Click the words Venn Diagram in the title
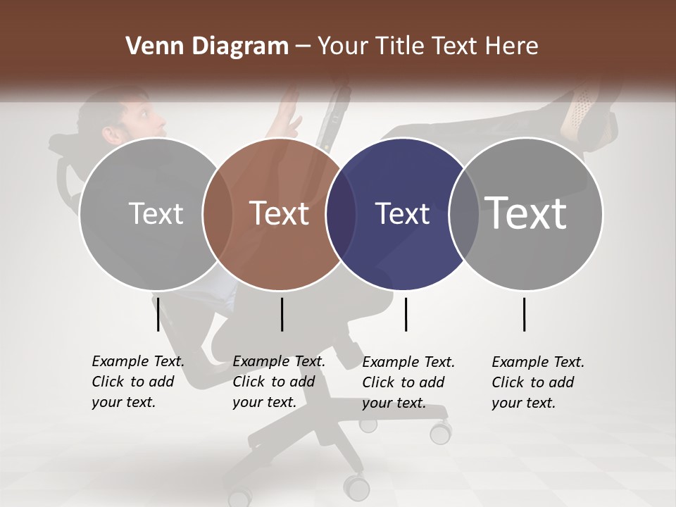tap(207, 46)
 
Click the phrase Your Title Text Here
tap(427, 46)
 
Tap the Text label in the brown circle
tap(280, 213)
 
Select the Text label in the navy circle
tap(402, 213)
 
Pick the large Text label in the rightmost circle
tap(526, 213)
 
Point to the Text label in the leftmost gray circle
tap(156, 213)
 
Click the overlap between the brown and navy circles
tap(341, 213)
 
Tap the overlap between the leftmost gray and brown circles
tap(218, 213)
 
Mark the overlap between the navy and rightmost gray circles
tap(463, 213)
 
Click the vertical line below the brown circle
tap(282, 314)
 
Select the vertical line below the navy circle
tap(406, 314)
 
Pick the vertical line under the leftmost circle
tap(158, 314)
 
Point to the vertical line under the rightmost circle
tap(525, 314)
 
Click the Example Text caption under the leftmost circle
tap(137, 382)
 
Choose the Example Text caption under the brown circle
tap(278, 382)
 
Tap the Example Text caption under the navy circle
tap(408, 382)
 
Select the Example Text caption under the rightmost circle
tap(537, 382)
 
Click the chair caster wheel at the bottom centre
tap(356, 486)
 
